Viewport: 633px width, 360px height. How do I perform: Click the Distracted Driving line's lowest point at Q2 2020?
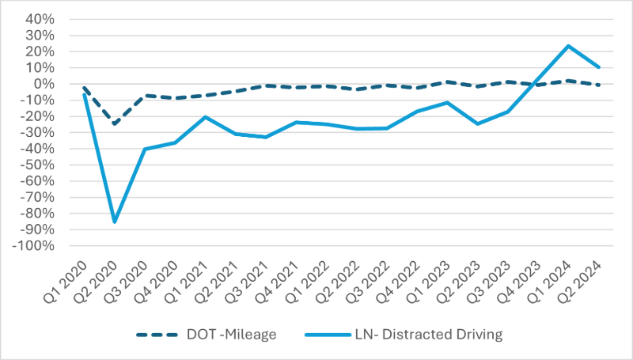[115, 222]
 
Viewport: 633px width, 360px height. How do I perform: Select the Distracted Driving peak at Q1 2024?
[568, 46]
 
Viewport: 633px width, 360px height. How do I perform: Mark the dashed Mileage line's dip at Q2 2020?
[115, 123]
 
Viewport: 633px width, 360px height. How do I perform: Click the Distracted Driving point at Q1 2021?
[206, 117]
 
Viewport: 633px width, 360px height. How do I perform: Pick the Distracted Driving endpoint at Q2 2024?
[599, 67]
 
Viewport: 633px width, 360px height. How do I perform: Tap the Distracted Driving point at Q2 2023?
[478, 123]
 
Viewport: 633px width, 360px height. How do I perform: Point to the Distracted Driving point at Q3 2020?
[145, 149]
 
